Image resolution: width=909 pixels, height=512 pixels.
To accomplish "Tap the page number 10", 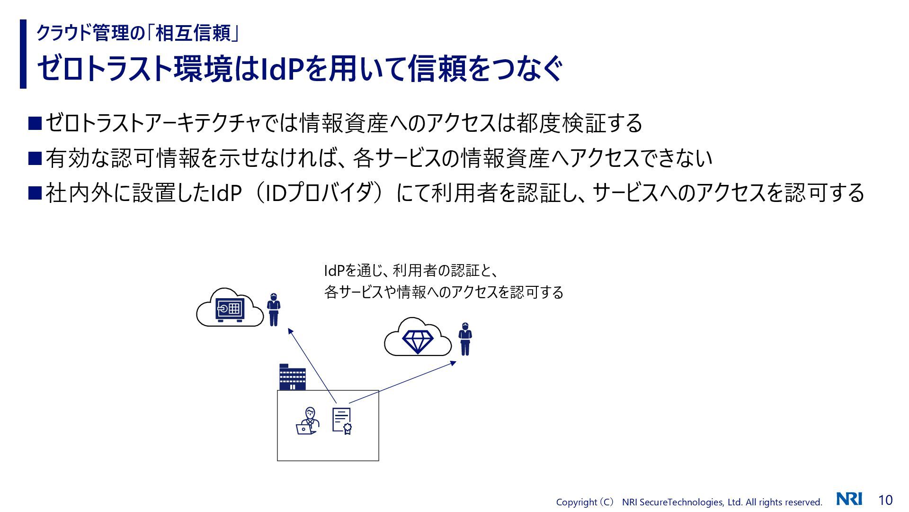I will point(885,500).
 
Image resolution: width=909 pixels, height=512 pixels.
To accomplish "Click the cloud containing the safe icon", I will point(230,309).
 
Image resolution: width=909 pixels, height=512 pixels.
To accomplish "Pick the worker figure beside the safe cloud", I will point(273,310).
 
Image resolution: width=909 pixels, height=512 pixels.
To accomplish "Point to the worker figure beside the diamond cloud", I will point(465,339).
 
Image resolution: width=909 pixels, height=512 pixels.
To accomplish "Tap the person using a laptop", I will point(307,421).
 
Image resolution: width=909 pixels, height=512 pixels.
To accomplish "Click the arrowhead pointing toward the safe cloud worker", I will point(290,330).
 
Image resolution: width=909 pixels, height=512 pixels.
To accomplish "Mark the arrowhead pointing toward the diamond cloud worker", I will point(453,363).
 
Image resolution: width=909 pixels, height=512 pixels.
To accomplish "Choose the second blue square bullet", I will point(35,158).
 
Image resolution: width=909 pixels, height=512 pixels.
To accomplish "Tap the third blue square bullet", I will point(35,193).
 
